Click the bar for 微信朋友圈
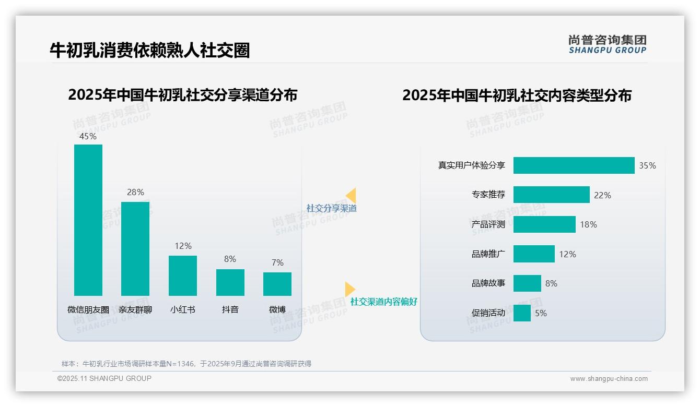88,220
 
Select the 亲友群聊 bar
135,248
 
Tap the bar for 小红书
183,276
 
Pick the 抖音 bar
230,282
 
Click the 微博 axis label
277,309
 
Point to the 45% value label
88,136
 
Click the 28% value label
135,192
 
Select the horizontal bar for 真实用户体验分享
574,165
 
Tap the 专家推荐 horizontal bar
551,195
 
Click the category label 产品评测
488,224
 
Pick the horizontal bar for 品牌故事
527,283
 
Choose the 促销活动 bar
522,313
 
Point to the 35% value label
647,165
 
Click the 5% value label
541,314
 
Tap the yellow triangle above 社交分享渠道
351,196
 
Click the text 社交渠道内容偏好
383,302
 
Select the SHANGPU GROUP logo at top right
607,44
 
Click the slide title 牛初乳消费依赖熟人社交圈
149,50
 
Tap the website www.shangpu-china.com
609,379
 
